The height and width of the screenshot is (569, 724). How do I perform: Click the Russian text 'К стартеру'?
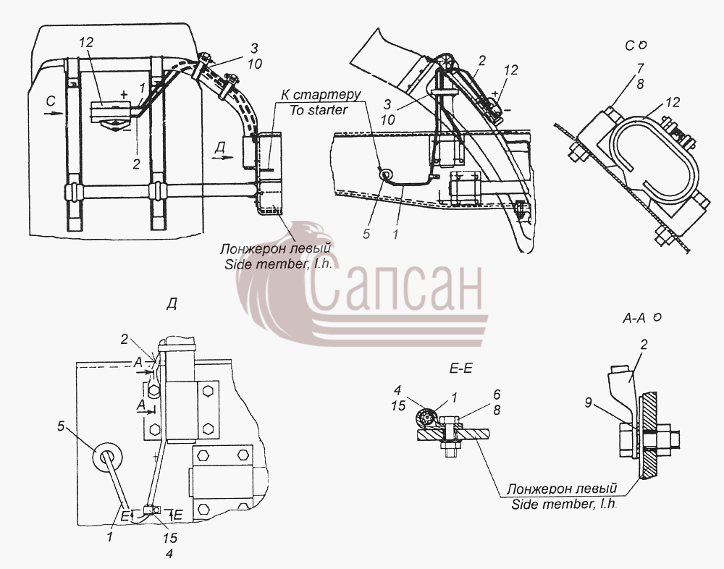tap(321, 95)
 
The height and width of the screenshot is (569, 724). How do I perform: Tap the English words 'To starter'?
tap(319, 110)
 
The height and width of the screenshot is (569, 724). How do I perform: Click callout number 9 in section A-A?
tap(588, 402)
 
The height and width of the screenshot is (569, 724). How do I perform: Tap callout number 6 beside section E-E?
tap(497, 395)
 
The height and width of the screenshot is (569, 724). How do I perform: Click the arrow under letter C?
tap(54, 111)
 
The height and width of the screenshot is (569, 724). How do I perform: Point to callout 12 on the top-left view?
tap(86, 43)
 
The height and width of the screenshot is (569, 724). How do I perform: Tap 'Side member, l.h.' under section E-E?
tap(564, 503)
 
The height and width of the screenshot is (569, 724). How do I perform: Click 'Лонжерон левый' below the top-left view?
tap(276, 250)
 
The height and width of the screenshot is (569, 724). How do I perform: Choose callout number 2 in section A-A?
tap(644, 345)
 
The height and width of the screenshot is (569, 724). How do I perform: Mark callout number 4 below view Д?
tap(169, 553)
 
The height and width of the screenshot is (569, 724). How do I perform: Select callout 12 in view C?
tap(673, 102)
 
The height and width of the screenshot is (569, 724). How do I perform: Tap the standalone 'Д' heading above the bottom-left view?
tap(172, 304)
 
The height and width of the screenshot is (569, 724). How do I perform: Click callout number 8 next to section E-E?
tap(497, 410)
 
